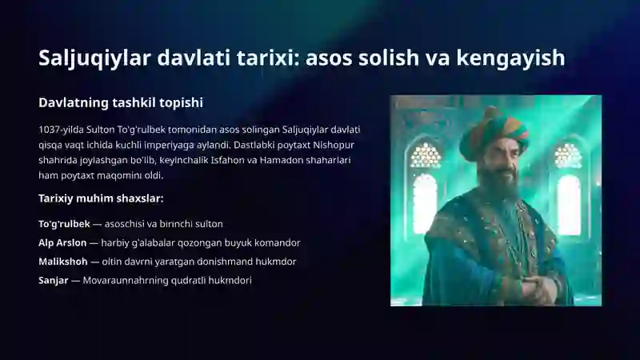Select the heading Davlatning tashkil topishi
[121, 102]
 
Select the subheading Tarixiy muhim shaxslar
[101, 198]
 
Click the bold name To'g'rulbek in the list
[64, 224]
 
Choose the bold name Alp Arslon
[62, 242]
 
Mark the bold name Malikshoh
[63, 262]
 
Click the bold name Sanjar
[53, 280]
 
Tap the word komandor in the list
[277, 242]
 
